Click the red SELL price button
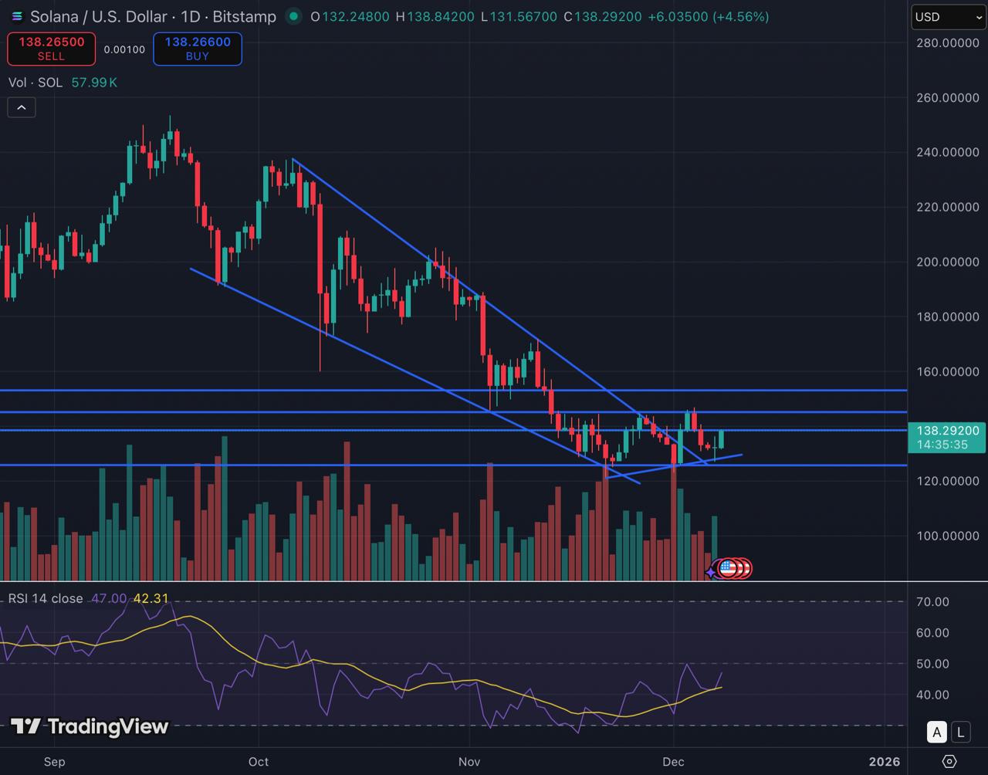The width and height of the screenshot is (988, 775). point(51,49)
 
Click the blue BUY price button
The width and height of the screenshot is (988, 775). point(197,49)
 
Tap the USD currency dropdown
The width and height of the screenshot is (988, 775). point(948,17)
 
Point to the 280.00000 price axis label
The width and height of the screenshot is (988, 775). point(947,43)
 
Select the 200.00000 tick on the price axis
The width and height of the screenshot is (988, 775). point(947,262)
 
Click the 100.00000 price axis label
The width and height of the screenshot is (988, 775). point(947,536)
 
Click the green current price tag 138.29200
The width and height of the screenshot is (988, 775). point(948,437)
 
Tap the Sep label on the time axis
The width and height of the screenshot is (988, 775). point(55,762)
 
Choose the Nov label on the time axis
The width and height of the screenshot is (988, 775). point(469,762)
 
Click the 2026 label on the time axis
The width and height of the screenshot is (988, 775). point(884,762)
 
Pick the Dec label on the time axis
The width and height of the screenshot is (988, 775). point(673,762)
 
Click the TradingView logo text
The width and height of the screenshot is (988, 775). point(90,726)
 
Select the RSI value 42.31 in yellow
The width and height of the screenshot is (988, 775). point(151,598)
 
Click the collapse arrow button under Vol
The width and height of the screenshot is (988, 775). point(22,107)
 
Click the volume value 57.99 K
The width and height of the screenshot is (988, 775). point(94,83)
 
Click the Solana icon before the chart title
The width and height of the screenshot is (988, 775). point(17,16)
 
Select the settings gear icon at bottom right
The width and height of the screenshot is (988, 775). point(949,761)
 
